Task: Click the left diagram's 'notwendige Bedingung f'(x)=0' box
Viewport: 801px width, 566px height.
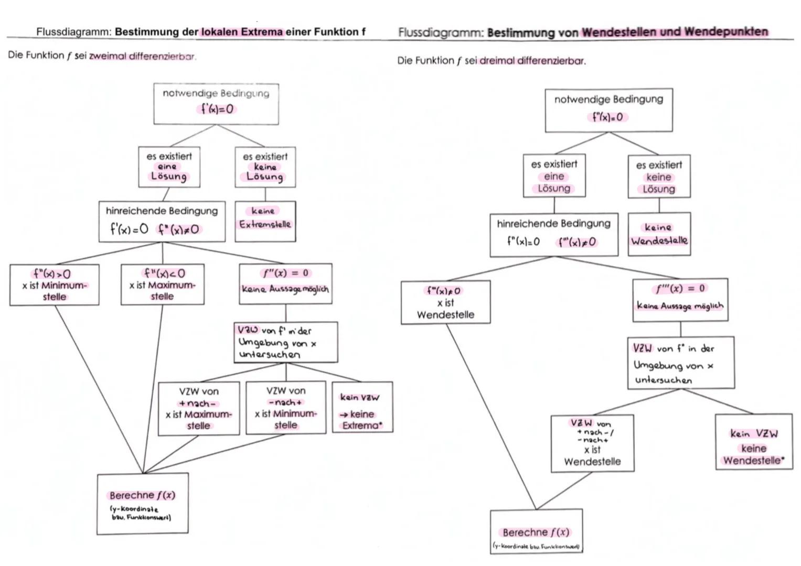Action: tap(216, 103)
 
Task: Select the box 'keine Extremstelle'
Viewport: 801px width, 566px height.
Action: tap(265, 221)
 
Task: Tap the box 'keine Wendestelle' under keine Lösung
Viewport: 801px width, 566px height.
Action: tap(659, 234)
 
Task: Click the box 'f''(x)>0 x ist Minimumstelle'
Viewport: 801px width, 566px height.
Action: tap(54, 285)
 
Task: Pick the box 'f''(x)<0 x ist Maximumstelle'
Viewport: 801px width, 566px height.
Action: tap(162, 285)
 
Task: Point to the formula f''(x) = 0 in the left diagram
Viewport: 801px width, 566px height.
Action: tap(285, 273)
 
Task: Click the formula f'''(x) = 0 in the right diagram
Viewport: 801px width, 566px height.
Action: tap(680, 288)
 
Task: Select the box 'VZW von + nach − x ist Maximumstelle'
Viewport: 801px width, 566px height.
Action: tap(199, 408)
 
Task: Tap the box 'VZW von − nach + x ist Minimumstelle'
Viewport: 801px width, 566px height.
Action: tap(285, 408)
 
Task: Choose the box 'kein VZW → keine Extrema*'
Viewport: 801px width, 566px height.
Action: tap(362, 407)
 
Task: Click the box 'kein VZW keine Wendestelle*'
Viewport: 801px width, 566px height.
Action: tap(754, 442)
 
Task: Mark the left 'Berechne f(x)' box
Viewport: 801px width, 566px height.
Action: tap(142, 504)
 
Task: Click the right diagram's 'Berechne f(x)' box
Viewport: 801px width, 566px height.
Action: tap(536, 531)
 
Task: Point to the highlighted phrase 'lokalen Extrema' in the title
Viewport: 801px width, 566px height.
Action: tap(242, 32)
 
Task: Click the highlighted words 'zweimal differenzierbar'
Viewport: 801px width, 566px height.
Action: tap(142, 57)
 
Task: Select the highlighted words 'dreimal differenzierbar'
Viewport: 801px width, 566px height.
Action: tap(532, 61)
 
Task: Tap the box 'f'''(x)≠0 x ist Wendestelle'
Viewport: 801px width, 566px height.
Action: tap(445, 302)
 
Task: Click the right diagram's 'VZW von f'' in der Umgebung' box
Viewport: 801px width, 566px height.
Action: tap(680, 363)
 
